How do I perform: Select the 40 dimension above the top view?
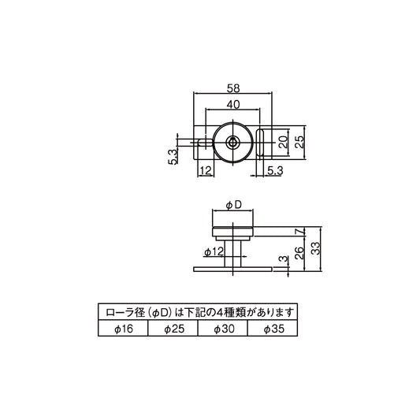[232, 105]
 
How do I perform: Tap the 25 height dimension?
[300, 143]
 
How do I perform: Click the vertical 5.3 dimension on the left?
[172, 154]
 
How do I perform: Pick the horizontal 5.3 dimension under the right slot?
[275, 170]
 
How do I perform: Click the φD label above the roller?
[232, 205]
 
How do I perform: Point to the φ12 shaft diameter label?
[214, 251]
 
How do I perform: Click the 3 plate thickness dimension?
[282, 260]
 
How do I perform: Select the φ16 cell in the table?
[122, 329]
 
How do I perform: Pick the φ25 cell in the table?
[173, 329]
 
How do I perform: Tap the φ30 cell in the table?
[223, 329]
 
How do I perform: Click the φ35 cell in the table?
[273, 329]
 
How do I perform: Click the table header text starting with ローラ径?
[198, 312]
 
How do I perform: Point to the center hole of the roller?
[232, 143]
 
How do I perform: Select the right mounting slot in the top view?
[262, 143]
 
